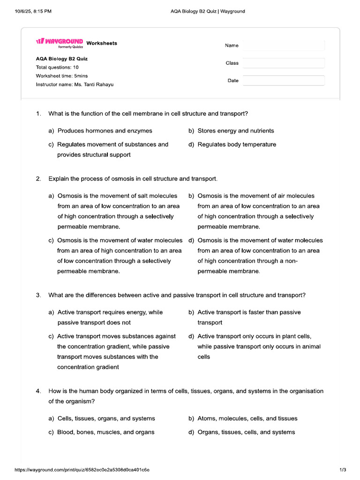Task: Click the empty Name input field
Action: coord(283,45)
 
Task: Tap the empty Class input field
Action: coord(283,63)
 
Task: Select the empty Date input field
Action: coord(283,81)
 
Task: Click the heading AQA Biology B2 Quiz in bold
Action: coord(61,59)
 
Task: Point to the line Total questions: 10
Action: coord(57,67)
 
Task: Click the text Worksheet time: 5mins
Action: coord(61,76)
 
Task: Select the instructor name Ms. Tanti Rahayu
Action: coord(94,85)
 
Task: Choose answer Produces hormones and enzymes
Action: coord(105,131)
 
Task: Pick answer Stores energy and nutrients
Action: coord(236,131)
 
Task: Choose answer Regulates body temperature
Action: coord(237,144)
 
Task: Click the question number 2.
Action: coord(38,179)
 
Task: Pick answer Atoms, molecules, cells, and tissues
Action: coord(247,419)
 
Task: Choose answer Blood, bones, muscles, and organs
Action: coord(105,432)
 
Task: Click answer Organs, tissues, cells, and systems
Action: coord(246,432)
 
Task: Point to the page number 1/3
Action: coord(342,470)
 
